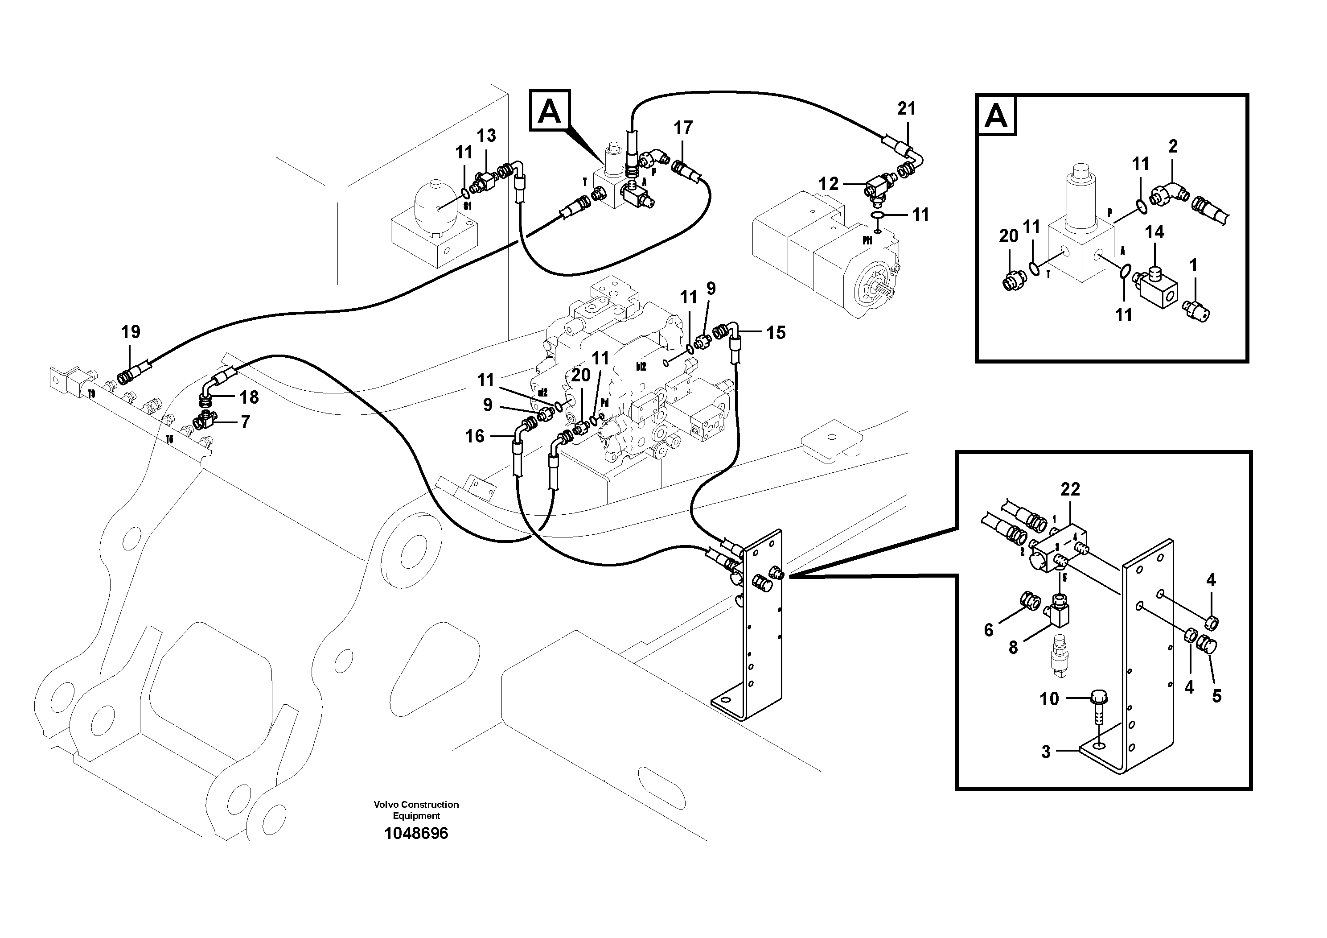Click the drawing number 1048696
coord(416,833)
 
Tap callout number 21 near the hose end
coord(906,108)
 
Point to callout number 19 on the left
coord(131,332)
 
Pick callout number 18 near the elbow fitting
coord(249,397)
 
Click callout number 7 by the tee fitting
coord(245,422)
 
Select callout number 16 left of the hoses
coord(475,436)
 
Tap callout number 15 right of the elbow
coord(776,333)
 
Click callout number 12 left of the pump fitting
coord(828,184)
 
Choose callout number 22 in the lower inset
coord(1070,490)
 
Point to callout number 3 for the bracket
coord(1046,752)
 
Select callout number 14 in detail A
coord(1154,232)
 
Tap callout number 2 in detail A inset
coord(1172,146)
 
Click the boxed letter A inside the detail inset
coord(996,117)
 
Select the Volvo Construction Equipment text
coord(416,810)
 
